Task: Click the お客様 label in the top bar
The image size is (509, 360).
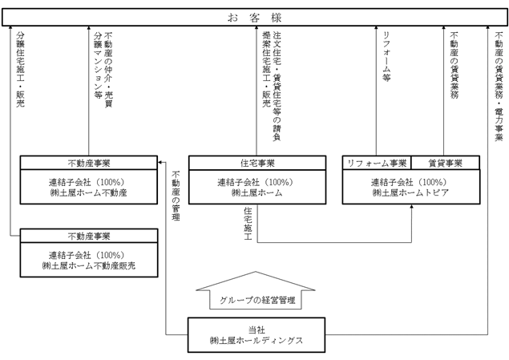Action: click(255, 17)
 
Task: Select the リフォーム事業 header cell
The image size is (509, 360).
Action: click(377, 163)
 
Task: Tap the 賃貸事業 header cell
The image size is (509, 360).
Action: click(446, 163)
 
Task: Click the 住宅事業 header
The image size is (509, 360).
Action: click(257, 163)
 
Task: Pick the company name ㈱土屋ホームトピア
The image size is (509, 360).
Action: click(410, 192)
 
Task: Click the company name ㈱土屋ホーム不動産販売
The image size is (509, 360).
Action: click(89, 266)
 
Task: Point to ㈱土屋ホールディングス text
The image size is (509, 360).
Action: click(257, 341)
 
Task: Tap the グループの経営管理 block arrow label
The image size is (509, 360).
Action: click(257, 300)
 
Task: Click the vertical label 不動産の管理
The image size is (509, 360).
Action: click(176, 196)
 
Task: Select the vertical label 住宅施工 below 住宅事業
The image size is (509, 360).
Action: click(248, 224)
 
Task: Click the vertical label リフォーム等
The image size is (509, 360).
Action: click(386, 56)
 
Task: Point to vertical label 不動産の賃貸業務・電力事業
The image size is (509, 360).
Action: click(499, 87)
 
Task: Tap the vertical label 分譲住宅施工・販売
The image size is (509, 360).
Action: click(21, 69)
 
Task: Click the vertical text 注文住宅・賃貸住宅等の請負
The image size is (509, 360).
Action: click(277, 86)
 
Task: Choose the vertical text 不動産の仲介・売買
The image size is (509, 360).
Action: click(108, 70)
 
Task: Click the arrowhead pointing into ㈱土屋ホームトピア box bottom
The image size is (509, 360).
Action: click(412, 207)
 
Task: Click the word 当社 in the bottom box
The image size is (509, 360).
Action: click(257, 330)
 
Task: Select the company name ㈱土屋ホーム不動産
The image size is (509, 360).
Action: click(89, 192)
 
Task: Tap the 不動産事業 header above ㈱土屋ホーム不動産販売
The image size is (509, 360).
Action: click(89, 236)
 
